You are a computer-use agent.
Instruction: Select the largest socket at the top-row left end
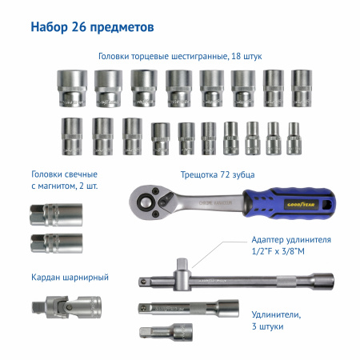(x=70, y=87)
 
